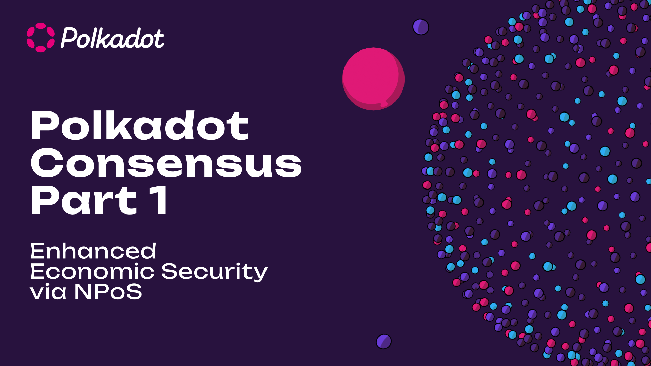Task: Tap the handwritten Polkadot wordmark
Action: click(x=113, y=38)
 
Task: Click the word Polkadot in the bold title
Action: click(x=140, y=125)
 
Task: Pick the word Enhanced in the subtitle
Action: click(x=93, y=251)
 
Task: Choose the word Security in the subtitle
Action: click(x=215, y=272)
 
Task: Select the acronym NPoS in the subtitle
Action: click(x=108, y=291)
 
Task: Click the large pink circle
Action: click(x=373, y=79)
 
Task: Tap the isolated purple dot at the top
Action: click(x=421, y=27)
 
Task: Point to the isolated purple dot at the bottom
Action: click(x=384, y=342)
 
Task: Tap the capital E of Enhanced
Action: click(x=38, y=251)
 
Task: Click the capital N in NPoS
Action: click(x=83, y=291)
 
